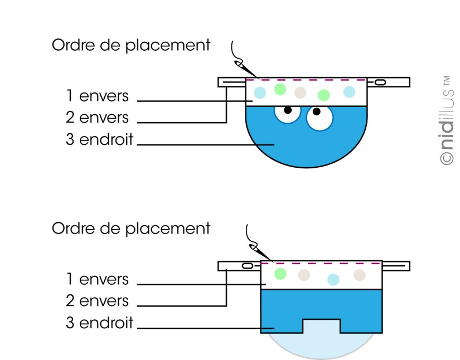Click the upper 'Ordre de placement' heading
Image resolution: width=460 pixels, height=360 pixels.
pyautogui.click(x=131, y=45)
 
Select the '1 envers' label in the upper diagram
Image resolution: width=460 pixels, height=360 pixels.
pyautogui.click(x=98, y=96)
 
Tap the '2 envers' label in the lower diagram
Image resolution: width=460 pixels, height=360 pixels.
pyautogui.click(x=98, y=301)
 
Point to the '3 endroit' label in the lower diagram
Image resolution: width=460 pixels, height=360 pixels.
pyautogui.click(x=100, y=323)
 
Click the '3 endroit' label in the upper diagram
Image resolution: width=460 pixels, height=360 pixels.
pyautogui.click(x=100, y=139)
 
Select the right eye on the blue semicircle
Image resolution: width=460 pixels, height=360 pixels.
pyautogui.click(x=319, y=117)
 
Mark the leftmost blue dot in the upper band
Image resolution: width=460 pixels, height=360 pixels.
pyautogui.click(x=260, y=92)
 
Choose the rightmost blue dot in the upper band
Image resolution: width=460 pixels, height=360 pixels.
pyautogui.click(x=349, y=91)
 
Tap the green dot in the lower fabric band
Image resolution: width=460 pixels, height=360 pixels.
pyautogui.click(x=280, y=274)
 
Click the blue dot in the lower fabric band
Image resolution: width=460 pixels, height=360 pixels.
pyautogui.click(x=333, y=279)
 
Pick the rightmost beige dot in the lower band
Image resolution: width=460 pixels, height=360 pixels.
pyautogui.click(x=360, y=274)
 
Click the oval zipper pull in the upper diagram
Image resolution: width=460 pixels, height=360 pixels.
pyautogui.click(x=380, y=82)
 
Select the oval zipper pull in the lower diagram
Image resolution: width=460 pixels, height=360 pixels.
pyautogui.click(x=245, y=266)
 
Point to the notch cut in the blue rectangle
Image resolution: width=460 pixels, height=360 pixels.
pyautogui.click(x=321, y=326)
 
